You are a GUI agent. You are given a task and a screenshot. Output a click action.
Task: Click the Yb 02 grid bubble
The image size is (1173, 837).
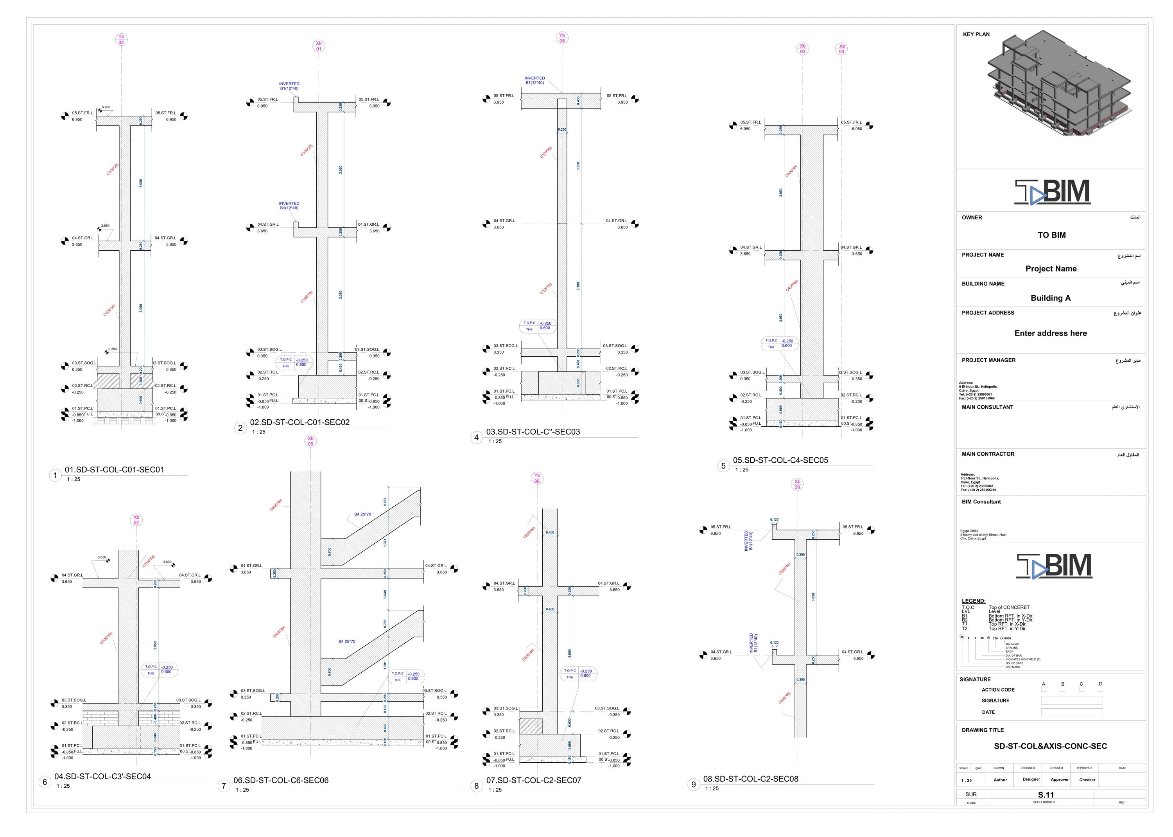tap(121, 40)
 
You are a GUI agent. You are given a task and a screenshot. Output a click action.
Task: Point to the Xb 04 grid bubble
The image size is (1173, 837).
tap(841, 49)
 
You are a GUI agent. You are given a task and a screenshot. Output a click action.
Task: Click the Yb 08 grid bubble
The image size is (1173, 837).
tap(537, 478)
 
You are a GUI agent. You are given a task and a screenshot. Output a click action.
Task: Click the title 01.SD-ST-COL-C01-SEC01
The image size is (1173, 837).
tap(114, 469)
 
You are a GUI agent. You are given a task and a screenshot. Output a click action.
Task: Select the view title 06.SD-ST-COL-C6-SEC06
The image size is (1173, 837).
tap(281, 780)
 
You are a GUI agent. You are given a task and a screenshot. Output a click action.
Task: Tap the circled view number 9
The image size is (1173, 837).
tap(693, 785)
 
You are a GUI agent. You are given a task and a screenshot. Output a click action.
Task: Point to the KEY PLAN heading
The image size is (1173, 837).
tap(976, 34)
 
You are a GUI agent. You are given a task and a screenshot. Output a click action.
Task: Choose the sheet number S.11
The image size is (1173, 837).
tap(1046, 795)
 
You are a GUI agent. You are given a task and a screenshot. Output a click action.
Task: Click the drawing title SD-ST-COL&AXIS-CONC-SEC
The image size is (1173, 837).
tap(1050, 746)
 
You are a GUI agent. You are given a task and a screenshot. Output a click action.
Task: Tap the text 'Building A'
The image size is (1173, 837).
tap(1050, 298)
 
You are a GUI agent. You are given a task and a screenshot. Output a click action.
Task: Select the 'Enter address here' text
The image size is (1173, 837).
tap(1050, 333)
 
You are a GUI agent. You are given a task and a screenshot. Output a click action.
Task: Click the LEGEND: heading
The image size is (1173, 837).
tap(973, 601)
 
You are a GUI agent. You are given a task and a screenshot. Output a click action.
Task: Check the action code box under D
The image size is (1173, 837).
tap(1100, 690)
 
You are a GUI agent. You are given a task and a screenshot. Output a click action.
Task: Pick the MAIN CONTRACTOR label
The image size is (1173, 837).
tap(988, 454)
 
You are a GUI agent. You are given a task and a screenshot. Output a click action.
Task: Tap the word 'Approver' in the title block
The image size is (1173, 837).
tap(1059, 779)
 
